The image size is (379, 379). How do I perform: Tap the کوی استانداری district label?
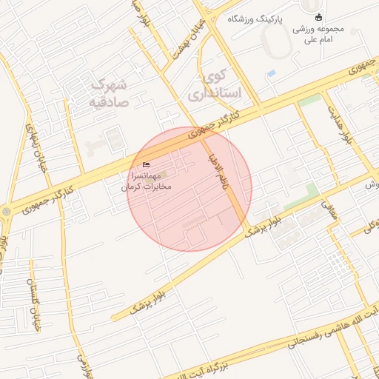click(207, 85)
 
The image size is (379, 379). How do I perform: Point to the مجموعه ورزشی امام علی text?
click(319, 34)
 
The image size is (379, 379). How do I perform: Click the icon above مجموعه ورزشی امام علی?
click(319, 18)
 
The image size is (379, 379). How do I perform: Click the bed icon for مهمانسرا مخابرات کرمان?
click(146, 164)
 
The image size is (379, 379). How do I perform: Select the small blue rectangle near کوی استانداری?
click(271, 74)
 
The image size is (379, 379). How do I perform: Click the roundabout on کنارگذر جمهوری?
click(7, 211)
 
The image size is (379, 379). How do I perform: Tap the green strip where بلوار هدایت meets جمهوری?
click(310, 99)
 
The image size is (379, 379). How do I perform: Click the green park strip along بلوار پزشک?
click(301, 198)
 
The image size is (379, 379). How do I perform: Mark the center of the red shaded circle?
click(189, 189)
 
